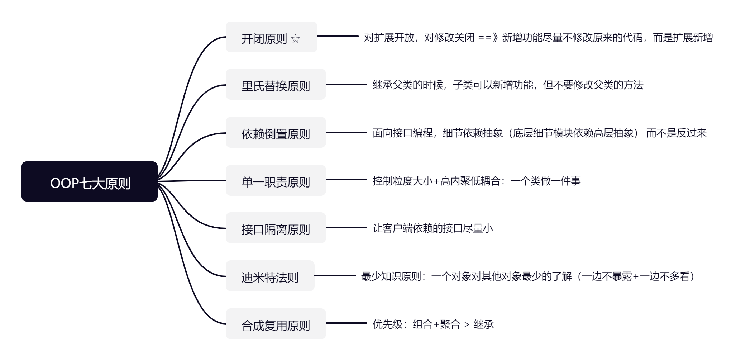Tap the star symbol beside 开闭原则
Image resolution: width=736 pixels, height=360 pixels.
296,39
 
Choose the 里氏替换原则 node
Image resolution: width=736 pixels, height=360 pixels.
276,85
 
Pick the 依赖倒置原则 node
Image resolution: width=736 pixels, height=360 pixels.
276,133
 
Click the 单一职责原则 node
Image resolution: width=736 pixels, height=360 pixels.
276,181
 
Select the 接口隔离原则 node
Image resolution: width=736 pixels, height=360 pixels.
276,228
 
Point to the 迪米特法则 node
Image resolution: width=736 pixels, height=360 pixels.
270,276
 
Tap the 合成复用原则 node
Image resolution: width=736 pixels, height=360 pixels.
276,324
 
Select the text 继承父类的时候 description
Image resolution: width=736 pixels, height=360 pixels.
508,85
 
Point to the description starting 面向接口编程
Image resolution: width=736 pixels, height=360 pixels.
539,133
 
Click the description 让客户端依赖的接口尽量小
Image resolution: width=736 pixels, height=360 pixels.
432,228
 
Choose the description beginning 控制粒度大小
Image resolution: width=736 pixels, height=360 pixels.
476,181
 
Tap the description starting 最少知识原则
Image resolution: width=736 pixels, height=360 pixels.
529,276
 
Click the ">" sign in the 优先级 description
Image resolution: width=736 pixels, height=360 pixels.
467,325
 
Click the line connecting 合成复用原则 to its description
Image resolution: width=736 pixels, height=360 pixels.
346,323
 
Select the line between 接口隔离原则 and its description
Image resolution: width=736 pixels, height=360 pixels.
346,228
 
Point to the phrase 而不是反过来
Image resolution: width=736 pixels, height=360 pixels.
676,133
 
